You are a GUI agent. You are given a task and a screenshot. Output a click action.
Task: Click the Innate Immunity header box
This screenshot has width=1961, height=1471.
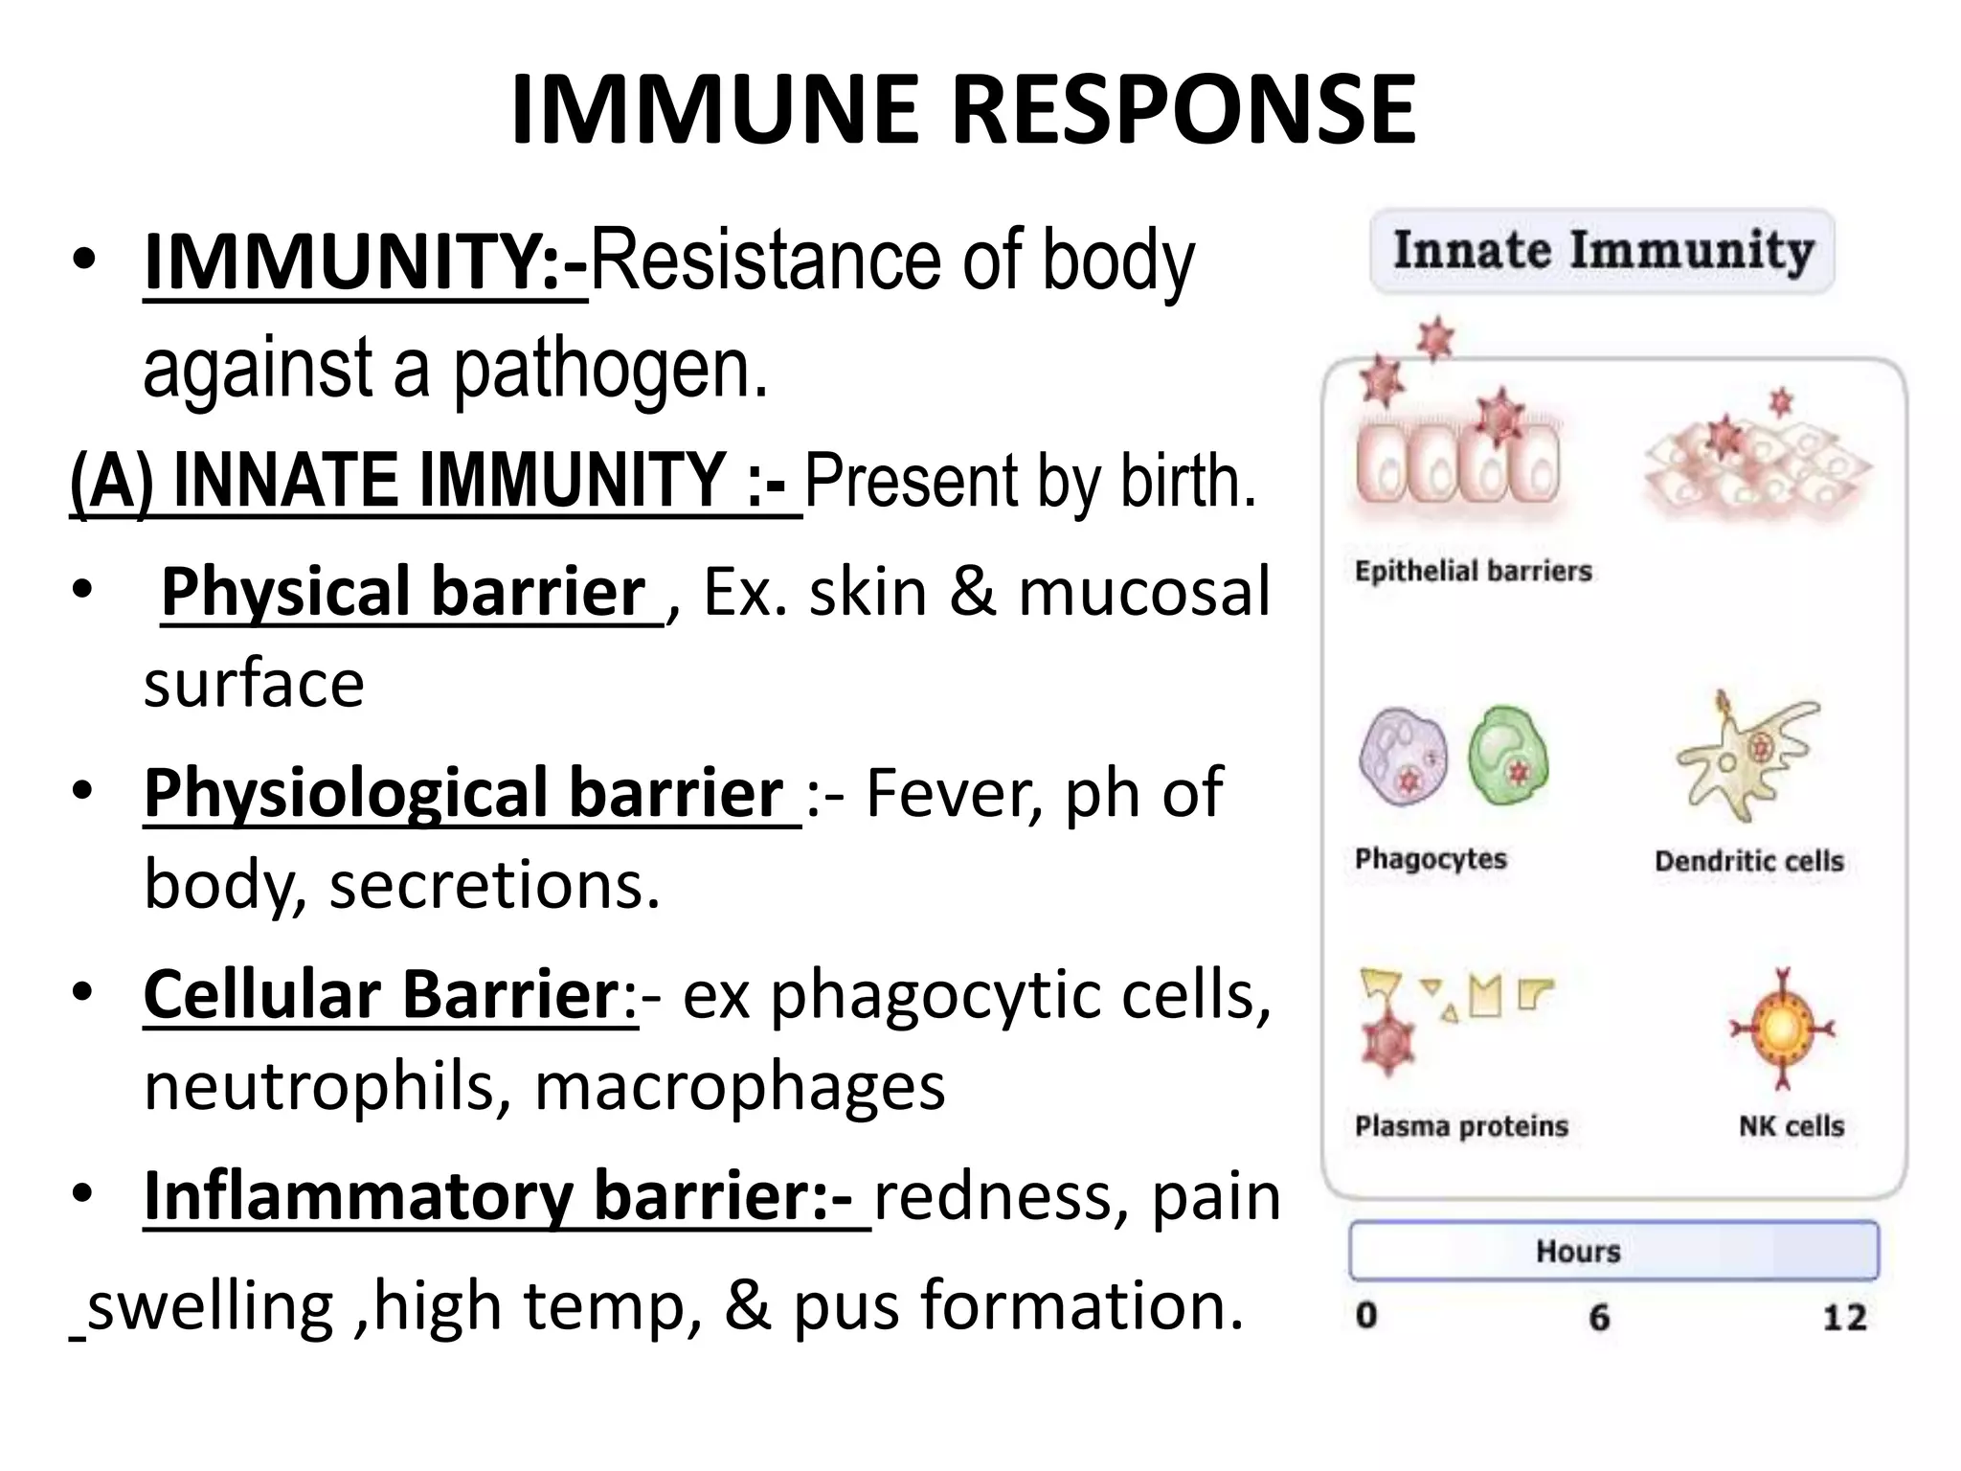(x=1602, y=251)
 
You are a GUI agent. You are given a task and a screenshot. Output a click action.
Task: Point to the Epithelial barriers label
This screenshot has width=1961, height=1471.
(x=1473, y=572)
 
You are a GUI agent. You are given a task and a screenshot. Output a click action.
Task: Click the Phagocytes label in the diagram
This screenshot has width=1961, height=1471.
(x=1431, y=859)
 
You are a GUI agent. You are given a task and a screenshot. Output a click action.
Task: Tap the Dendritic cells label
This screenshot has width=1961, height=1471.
(x=1748, y=861)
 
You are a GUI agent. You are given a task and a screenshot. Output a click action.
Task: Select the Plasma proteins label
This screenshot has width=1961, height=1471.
(x=1461, y=1126)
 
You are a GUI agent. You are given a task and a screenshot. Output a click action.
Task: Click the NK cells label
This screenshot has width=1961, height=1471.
(x=1791, y=1126)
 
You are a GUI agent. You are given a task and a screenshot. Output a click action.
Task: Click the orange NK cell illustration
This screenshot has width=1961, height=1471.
(x=1781, y=1030)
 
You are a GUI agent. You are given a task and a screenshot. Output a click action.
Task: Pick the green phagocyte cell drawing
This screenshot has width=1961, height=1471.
(x=1508, y=757)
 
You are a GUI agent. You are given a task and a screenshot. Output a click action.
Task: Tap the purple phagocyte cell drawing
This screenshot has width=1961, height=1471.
(x=1403, y=758)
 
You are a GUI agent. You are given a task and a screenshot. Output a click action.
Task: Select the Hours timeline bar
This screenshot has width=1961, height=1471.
(x=1613, y=1251)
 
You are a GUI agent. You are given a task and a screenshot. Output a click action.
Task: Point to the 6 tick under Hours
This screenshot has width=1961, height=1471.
(x=1599, y=1318)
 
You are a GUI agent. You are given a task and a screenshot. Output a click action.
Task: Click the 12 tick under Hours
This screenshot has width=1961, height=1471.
(x=1843, y=1318)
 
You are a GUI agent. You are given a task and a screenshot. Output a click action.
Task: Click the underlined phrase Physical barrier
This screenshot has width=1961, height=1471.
(x=404, y=592)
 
